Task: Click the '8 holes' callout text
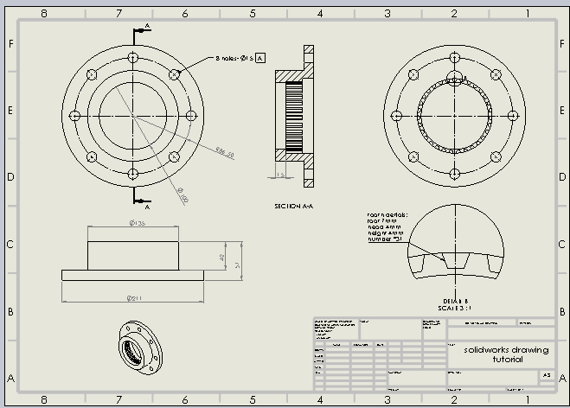pyautogui.click(x=234, y=58)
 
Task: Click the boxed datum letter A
pyautogui.click(x=260, y=58)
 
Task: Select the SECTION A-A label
pyautogui.click(x=292, y=207)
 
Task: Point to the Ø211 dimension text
pyautogui.click(x=133, y=299)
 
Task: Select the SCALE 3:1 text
pyautogui.click(x=456, y=308)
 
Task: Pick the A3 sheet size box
pyautogui.click(x=546, y=375)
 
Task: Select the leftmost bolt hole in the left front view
pyautogui.click(x=74, y=116)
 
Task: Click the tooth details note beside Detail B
pyautogui.click(x=386, y=226)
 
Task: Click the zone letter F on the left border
pyautogui.click(x=10, y=44)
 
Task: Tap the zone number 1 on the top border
pyautogui.click(x=528, y=14)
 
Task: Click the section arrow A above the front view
pyautogui.click(x=147, y=27)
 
